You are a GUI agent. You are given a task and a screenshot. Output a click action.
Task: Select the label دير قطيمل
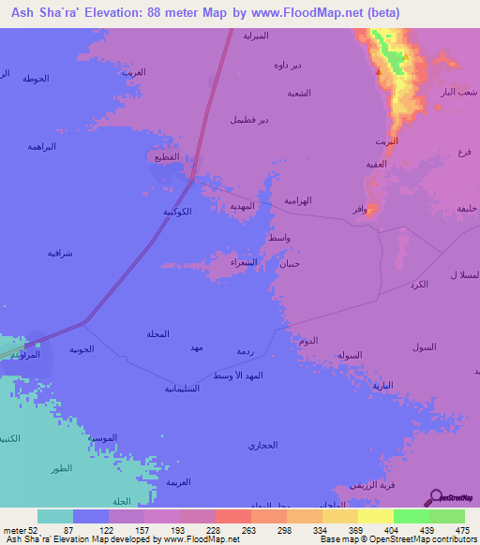point(250,120)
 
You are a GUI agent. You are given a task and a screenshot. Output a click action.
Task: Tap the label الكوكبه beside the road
point(178,212)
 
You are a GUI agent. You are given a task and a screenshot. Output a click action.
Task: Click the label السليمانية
point(183,388)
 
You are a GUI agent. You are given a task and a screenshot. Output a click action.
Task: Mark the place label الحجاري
point(263,445)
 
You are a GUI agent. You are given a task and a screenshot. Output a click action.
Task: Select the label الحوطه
point(35,77)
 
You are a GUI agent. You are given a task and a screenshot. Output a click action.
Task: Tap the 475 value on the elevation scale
point(460,530)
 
